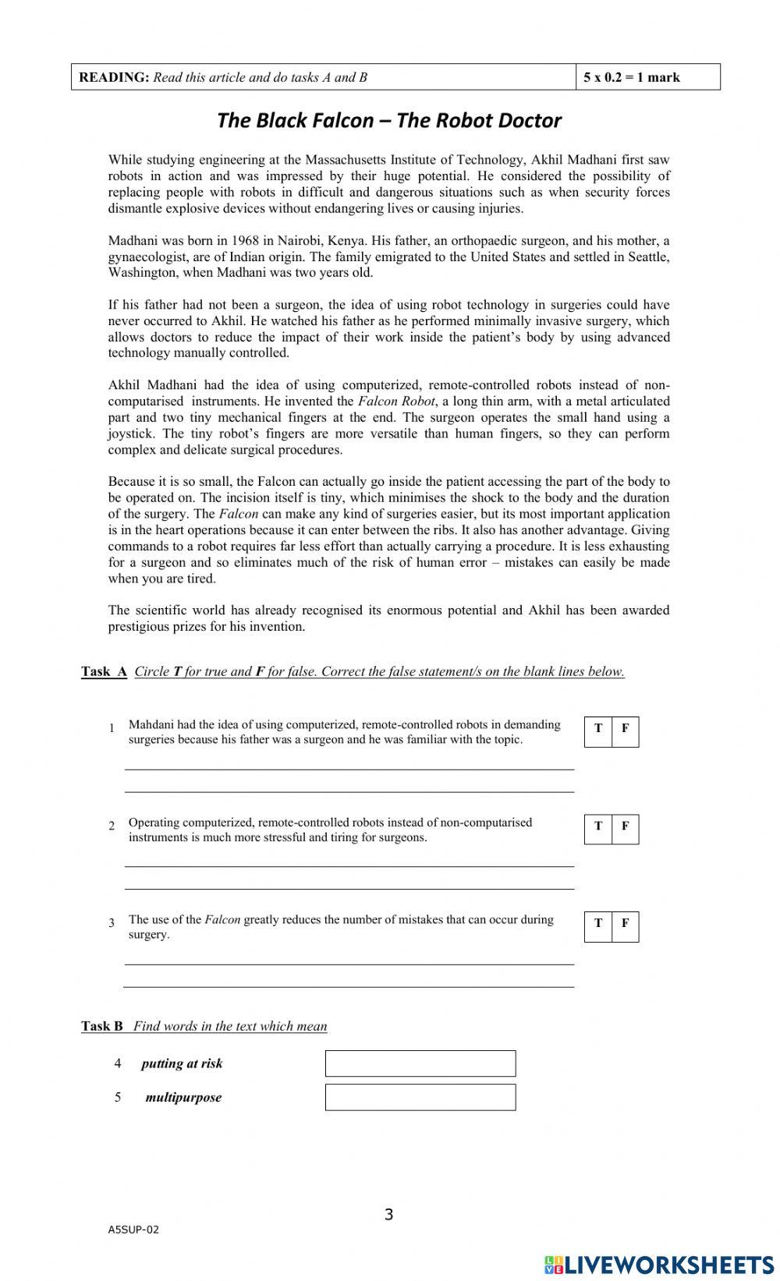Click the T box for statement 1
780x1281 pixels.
pos(598,731)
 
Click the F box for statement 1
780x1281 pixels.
pos(625,731)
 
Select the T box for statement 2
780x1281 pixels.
pos(598,829)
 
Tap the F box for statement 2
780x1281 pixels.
pos(625,829)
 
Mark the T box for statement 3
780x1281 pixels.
pos(598,926)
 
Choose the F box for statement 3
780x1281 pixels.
pos(625,926)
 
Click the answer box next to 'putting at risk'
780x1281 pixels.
pos(420,1063)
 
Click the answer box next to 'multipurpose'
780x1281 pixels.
pos(420,1097)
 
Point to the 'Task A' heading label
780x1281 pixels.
pos(104,671)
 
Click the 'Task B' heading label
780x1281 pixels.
pos(102,1026)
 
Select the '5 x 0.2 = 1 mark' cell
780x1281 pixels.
pos(647,77)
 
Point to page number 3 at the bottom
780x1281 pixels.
pos(389,1214)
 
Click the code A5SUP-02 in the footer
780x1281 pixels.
pos(133,1230)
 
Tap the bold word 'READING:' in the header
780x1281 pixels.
pos(114,77)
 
